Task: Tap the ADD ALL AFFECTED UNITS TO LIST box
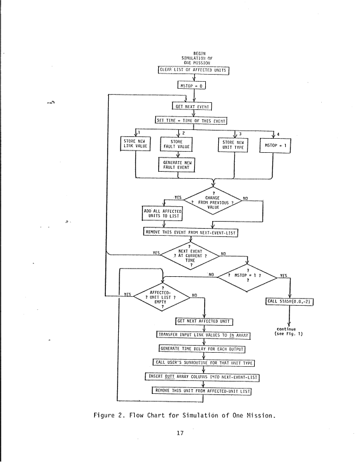tap(163, 213)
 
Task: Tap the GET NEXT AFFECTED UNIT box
tap(204, 321)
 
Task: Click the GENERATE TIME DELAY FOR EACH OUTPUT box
tap(203, 349)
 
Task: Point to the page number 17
tap(181, 435)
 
